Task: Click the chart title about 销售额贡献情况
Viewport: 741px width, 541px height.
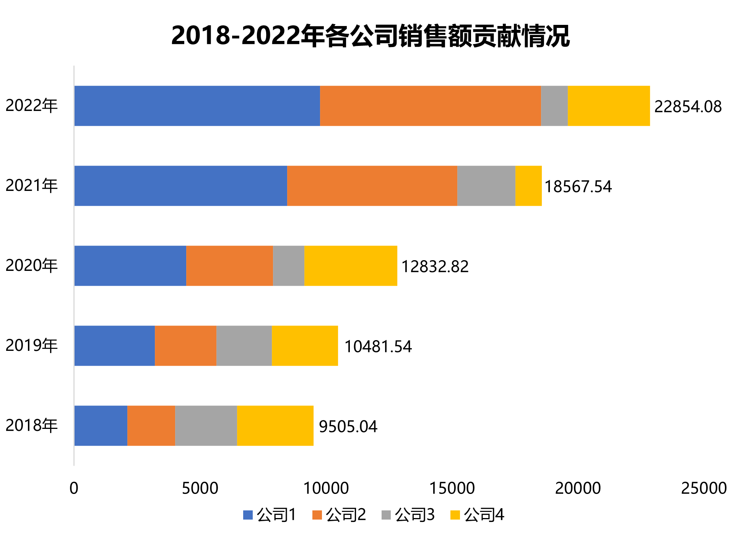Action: (x=370, y=36)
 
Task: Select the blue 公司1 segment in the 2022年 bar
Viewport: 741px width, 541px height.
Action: (x=197, y=106)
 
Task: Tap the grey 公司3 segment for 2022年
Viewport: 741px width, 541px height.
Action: (x=554, y=106)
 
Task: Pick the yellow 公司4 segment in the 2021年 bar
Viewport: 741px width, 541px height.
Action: (x=528, y=186)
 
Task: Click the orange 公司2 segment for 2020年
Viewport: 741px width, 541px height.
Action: (x=229, y=266)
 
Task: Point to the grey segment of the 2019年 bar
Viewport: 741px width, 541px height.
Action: (x=244, y=345)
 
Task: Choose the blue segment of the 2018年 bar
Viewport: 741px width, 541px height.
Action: (x=101, y=425)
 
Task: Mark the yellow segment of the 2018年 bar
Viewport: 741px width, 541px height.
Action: (x=275, y=425)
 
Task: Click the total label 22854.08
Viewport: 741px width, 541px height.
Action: (x=687, y=107)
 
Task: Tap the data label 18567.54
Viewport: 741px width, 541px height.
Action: (x=578, y=187)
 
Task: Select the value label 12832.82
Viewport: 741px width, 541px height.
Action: (x=435, y=267)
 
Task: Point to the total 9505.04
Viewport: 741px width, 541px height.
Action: (x=348, y=427)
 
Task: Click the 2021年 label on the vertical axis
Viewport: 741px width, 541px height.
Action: (x=31, y=186)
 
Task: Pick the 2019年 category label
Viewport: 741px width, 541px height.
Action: (x=31, y=345)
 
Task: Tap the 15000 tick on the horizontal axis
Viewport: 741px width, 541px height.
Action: (x=452, y=489)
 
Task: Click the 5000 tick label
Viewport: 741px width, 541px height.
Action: (x=200, y=489)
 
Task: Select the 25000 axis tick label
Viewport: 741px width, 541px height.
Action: (x=704, y=489)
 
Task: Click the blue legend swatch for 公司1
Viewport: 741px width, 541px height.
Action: (x=248, y=515)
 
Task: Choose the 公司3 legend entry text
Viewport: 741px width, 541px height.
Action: (x=414, y=515)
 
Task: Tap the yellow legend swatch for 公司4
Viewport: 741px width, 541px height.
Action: (x=455, y=515)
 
